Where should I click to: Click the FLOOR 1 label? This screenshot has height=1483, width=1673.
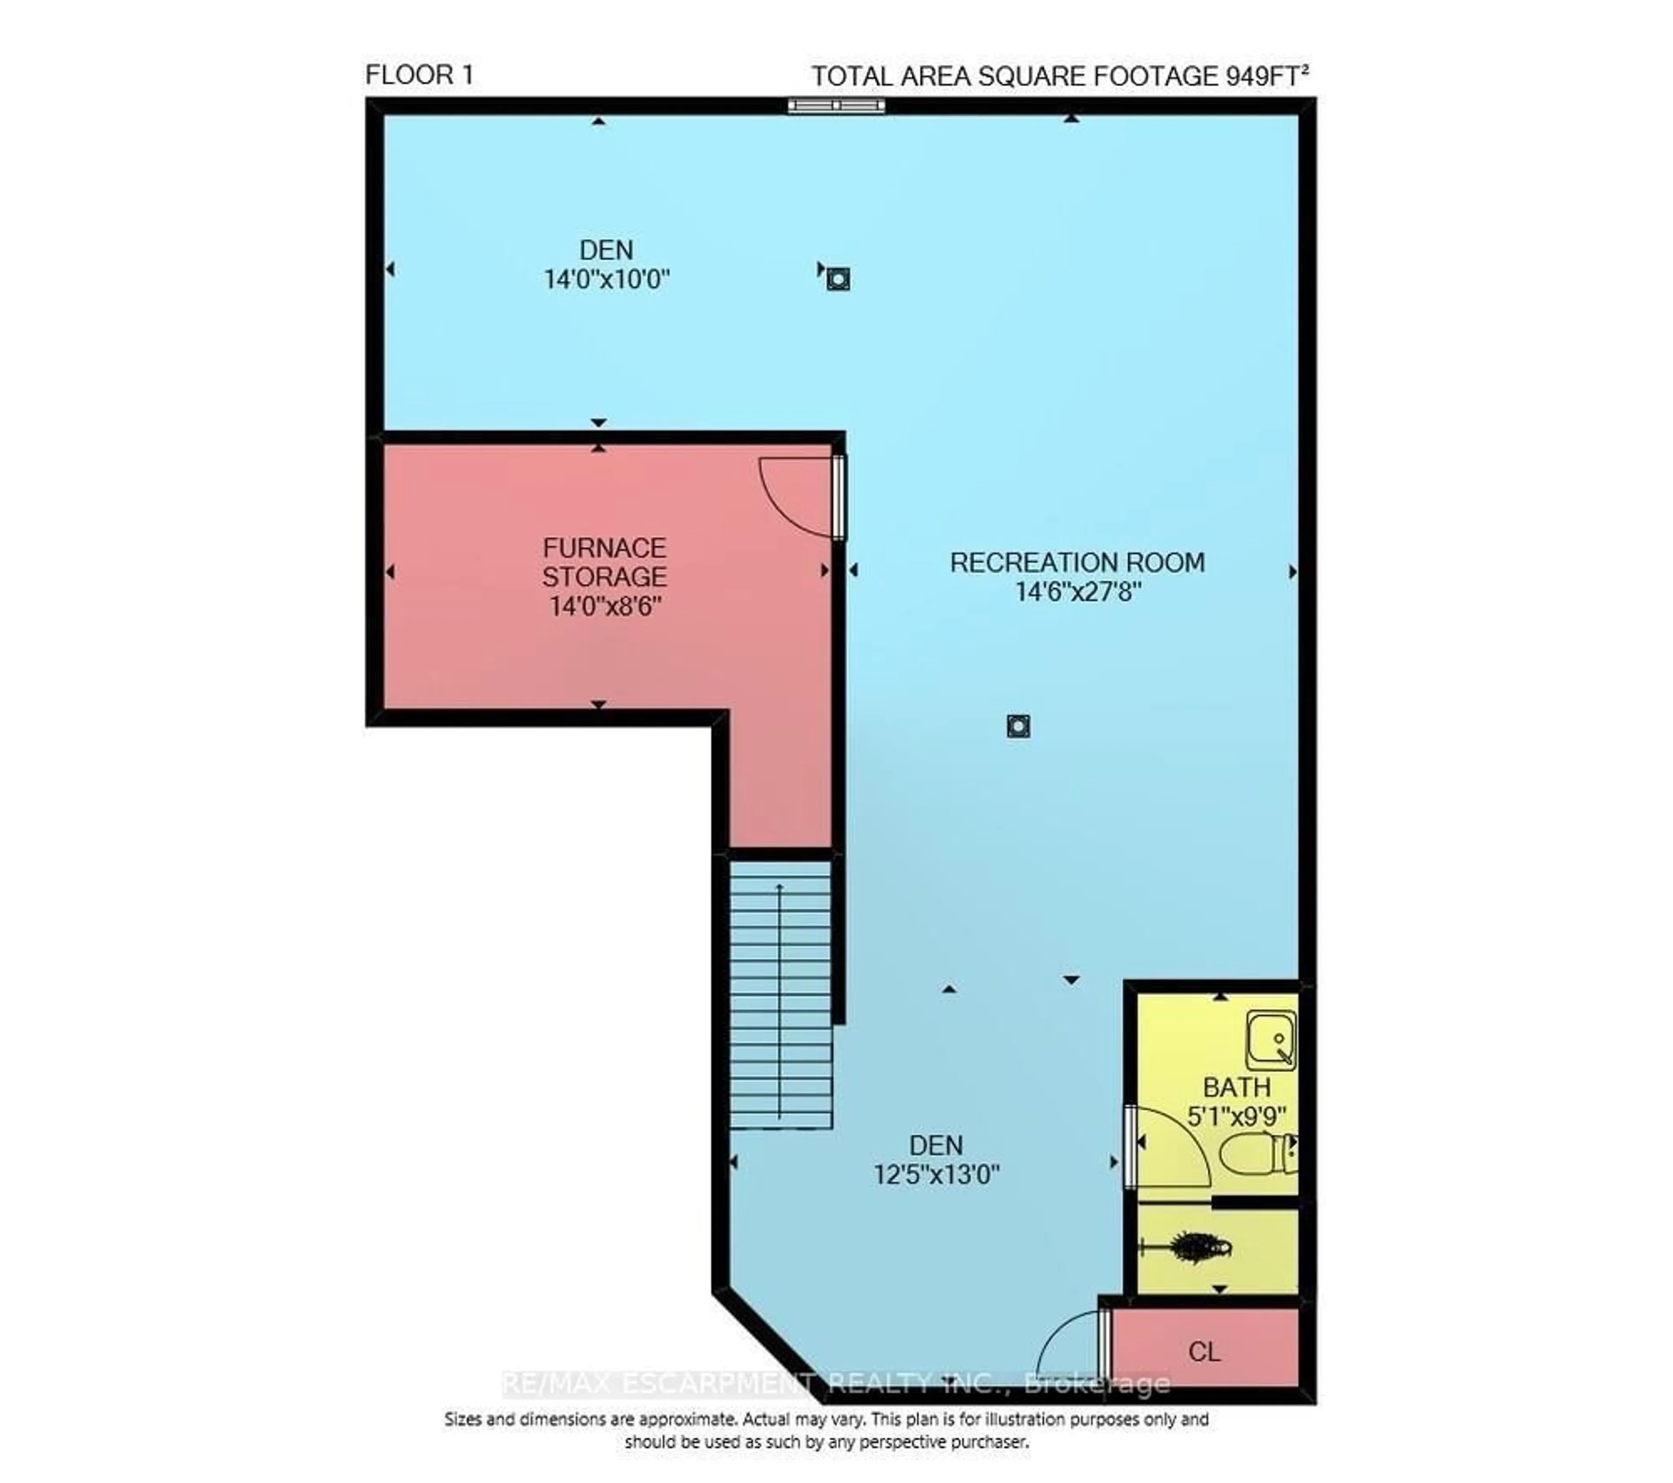[419, 75]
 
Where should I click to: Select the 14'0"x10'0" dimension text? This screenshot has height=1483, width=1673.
[606, 280]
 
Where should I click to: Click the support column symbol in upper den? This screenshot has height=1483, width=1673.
[837, 280]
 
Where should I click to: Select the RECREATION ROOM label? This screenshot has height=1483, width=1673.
[1077, 563]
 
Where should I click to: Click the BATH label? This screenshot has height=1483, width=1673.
[1236, 1088]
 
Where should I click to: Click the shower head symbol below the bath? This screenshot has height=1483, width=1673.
[1195, 1248]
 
